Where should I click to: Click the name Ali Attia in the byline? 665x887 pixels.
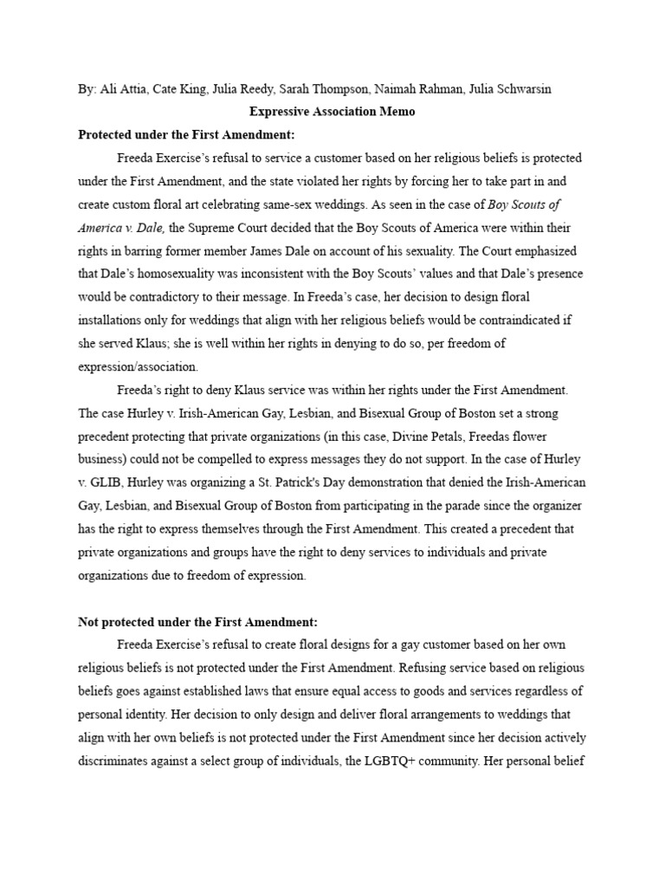(123, 90)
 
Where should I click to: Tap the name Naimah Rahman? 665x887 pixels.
(422, 90)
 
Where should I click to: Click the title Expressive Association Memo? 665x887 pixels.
(332, 112)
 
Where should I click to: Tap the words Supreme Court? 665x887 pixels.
(245, 228)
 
